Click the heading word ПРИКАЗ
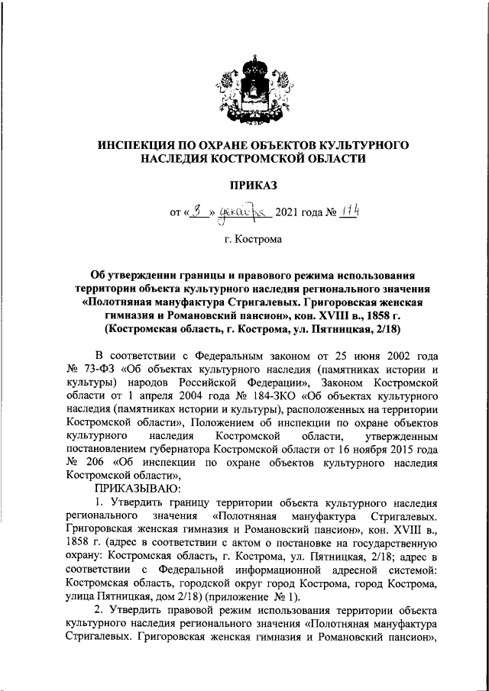(244, 185)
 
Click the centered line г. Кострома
(244, 240)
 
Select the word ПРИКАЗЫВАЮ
(137, 487)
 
